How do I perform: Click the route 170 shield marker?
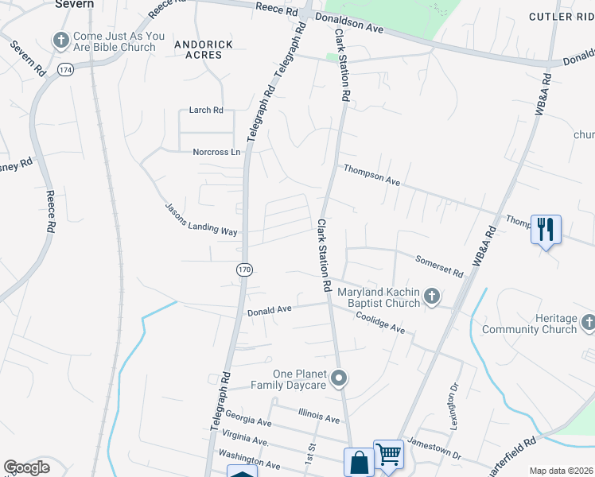coord(244,270)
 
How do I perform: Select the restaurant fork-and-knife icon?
coord(546,230)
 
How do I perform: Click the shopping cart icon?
coord(388,456)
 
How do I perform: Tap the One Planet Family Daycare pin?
coord(340,378)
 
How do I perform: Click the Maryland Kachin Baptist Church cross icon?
coord(432,297)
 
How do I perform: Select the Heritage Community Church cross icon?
coord(589,323)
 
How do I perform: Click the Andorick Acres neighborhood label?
coord(204,50)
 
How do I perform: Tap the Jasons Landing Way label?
coord(201,219)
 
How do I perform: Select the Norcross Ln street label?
coord(216,152)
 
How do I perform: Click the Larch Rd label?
coord(206,110)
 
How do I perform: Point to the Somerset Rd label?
coord(439,266)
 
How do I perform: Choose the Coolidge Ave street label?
coord(380,323)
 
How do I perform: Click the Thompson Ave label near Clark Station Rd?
coord(371,175)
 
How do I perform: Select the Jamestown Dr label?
coord(434,448)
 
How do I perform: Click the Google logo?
coord(26,467)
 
